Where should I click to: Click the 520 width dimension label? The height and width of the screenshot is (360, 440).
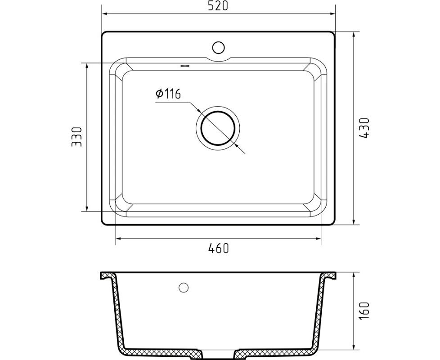218,6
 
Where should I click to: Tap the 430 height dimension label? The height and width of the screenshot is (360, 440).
364,128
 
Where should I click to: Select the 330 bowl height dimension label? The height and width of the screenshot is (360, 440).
76,137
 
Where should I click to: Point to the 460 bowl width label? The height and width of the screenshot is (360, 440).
219,248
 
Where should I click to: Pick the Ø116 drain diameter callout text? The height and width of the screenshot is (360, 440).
168,94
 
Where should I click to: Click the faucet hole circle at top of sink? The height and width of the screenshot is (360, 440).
218,47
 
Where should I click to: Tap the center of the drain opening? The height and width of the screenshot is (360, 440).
218,128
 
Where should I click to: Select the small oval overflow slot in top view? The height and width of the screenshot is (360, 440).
185,66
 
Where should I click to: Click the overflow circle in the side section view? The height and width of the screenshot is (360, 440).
184,288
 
